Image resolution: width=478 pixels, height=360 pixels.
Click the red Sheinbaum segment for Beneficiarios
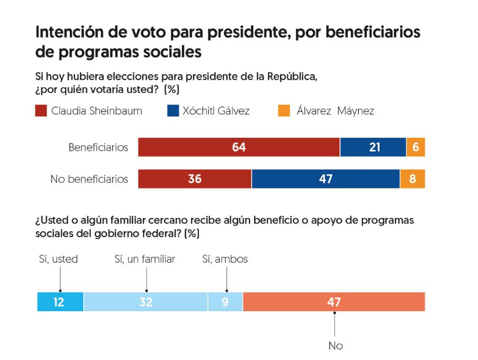tap(238, 147)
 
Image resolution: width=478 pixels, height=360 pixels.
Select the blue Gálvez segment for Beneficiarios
tap(373, 147)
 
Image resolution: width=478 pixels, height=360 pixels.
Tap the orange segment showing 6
tap(416, 147)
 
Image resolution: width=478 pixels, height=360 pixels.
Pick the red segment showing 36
tap(195, 179)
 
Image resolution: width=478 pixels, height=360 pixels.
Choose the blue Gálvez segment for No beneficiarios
tap(326, 179)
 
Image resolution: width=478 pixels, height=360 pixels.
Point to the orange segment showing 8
tap(413, 179)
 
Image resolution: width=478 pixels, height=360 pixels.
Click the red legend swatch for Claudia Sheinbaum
tap(41, 111)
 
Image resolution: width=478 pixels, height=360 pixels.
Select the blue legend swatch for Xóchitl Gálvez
tap(173, 111)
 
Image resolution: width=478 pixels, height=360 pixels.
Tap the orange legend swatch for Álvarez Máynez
tap(284, 111)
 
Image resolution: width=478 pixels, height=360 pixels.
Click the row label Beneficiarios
tap(98, 147)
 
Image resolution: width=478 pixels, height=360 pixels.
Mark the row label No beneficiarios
tap(89, 179)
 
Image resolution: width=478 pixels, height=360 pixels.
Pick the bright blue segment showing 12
tap(60, 302)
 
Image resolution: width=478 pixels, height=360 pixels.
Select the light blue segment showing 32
tap(146, 302)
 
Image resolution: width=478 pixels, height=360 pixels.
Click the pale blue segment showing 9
tap(226, 302)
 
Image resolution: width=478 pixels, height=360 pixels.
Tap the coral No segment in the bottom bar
tap(334, 302)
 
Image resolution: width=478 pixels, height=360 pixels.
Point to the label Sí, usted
tap(58, 259)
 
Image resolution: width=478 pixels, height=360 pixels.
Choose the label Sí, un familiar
tap(145, 259)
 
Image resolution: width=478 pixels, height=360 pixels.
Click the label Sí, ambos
tap(225, 259)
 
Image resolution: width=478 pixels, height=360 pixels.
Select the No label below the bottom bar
tap(336, 346)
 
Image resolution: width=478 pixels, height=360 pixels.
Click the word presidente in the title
tap(236, 31)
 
